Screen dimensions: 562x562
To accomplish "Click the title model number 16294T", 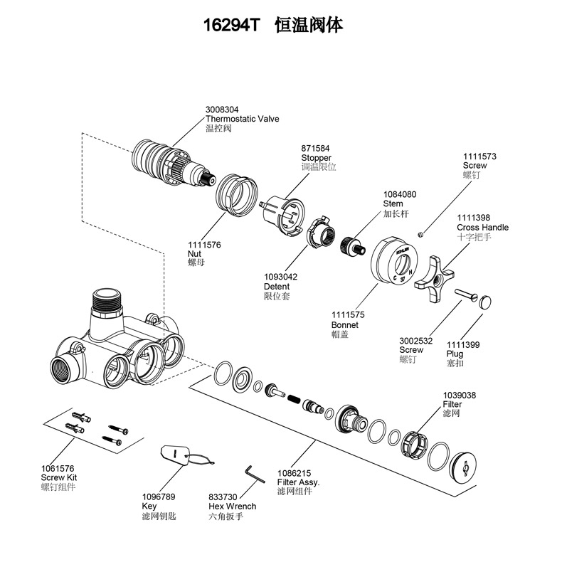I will [x=233, y=26].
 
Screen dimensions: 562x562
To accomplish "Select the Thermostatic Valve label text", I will [x=243, y=119].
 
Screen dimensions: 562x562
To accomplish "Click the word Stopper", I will [x=316, y=158].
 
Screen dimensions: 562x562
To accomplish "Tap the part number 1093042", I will [x=280, y=277].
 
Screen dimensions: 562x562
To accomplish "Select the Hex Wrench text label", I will [x=232, y=507].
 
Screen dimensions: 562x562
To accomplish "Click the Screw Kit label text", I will [x=60, y=477].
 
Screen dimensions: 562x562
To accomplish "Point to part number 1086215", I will [x=294, y=473].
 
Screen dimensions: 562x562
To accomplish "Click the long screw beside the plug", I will [x=461, y=294].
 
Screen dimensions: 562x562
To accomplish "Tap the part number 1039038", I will [x=460, y=396].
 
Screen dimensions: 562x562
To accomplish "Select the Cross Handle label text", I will [x=482, y=228].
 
